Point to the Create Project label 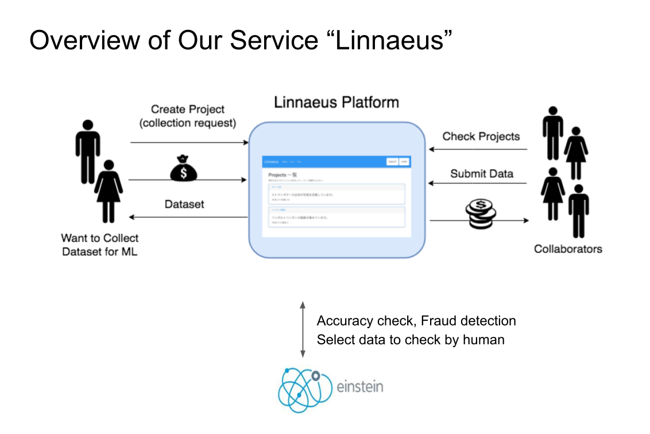click(188, 109)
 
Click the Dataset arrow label click(184, 204)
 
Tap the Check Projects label click(481, 136)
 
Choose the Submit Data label click(482, 173)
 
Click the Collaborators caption click(568, 249)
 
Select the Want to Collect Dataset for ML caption click(100, 244)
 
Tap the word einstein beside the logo click(360, 386)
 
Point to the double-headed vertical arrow click(303, 329)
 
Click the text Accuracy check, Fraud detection click(416, 321)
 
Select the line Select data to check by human click(411, 340)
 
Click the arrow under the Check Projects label click(478, 149)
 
